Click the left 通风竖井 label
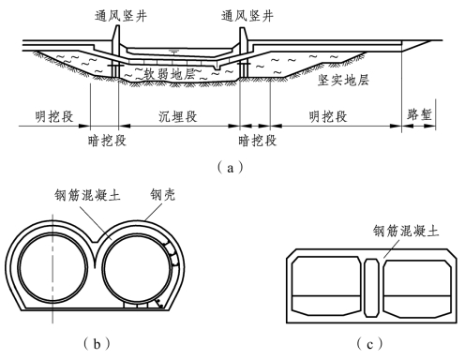[x=121, y=16]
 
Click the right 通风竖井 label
[x=247, y=16]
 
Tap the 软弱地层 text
[x=170, y=74]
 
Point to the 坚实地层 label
[x=343, y=81]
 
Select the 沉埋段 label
[x=178, y=116]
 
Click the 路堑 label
[x=419, y=114]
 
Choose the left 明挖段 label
[x=54, y=116]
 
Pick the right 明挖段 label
[x=328, y=116]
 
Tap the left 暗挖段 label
[x=107, y=141]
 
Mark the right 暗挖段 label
[x=258, y=141]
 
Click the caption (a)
[x=231, y=168]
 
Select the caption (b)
[x=97, y=344]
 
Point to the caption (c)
[x=369, y=344]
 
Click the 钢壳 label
[x=163, y=195]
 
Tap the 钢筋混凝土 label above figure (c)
[x=406, y=232]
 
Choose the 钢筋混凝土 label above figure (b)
[x=88, y=195]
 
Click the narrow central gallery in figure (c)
[x=372, y=288]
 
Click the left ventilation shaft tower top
[x=115, y=27]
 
